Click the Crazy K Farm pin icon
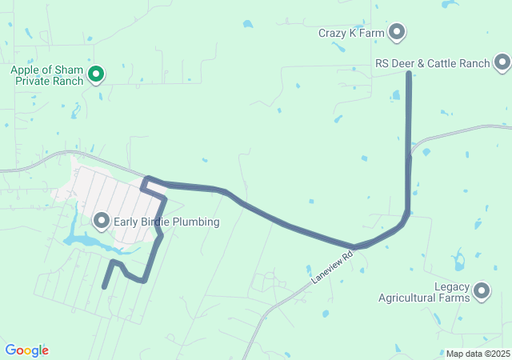tap(397, 32)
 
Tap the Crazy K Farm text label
tap(352, 33)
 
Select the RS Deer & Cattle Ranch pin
tap(502, 62)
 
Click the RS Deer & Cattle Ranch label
tap(433, 62)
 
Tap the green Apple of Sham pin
tap(96, 74)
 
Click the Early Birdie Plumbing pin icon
tap(102, 220)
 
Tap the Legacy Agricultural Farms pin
tap(482, 291)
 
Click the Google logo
tap(26, 350)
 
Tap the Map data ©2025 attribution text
tap(478, 354)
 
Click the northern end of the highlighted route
tap(409, 74)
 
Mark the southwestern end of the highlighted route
tap(104, 286)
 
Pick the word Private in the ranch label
tap(29, 81)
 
